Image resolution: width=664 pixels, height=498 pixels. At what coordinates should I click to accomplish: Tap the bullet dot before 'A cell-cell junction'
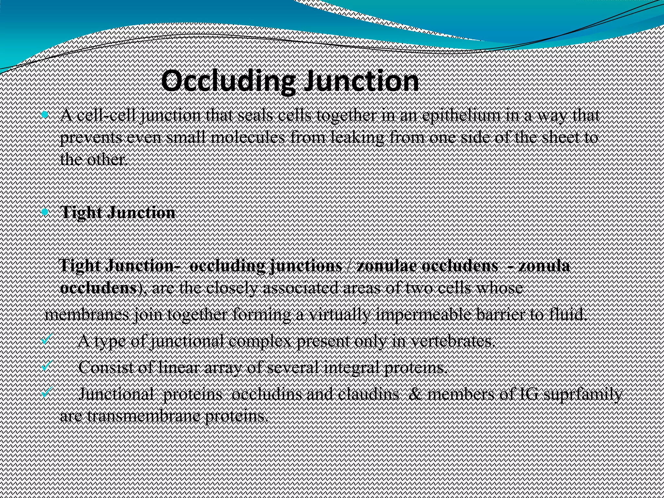click(45, 115)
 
